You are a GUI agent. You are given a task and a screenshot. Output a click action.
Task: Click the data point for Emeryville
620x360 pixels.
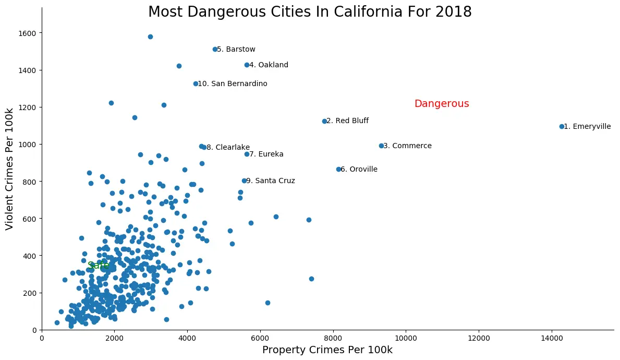[x=562, y=126]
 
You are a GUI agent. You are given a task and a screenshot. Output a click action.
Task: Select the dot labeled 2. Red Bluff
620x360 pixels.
[x=324, y=121]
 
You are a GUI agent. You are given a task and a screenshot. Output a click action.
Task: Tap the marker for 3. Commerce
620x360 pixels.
[x=381, y=146]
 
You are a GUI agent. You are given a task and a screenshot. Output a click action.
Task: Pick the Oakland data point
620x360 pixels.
[x=247, y=65]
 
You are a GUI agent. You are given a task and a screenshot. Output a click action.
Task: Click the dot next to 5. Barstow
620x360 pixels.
[x=215, y=49]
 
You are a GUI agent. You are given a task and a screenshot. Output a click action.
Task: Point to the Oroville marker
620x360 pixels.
[x=338, y=169]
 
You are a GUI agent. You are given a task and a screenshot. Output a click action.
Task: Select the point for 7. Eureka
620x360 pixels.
[x=247, y=154]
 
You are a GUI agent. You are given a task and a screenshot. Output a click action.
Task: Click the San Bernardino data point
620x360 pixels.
[x=196, y=83]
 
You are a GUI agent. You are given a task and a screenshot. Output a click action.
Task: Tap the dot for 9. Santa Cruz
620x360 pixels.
[x=244, y=181]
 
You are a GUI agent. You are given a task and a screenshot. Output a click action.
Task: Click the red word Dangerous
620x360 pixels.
[x=442, y=104]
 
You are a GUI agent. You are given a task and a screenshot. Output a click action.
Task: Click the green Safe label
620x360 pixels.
[x=99, y=266]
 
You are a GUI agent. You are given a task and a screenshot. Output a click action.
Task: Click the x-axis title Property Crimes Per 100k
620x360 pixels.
[x=327, y=350]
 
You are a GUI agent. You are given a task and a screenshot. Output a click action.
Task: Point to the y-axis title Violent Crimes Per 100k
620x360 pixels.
[x=9, y=169]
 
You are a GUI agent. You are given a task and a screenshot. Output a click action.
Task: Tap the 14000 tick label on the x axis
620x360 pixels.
[x=551, y=338]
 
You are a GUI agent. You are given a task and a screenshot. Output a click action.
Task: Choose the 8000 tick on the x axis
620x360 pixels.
[x=333, y=338]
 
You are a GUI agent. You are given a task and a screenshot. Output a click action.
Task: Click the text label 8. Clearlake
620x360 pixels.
[x=228, y=148]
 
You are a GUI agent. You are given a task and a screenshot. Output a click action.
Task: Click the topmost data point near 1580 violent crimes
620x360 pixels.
[x=150, y=37]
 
